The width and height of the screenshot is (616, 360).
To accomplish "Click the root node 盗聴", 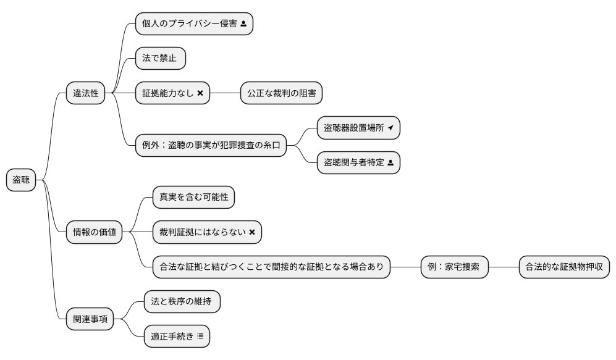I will (21, 180).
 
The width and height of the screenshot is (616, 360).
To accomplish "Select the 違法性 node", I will (86, 93).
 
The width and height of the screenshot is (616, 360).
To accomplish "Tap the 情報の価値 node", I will (94, 232).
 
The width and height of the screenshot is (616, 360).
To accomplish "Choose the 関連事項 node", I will (90, 319).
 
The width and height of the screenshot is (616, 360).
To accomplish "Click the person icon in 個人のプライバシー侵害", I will (243, 24).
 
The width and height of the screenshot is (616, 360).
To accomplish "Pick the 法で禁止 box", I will (160, 59).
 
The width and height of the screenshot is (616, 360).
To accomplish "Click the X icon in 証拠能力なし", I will (200, 93).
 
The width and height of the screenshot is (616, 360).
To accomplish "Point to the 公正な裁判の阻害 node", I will (281, 93).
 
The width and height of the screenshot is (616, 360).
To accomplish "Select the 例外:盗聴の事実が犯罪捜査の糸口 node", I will (211, 146).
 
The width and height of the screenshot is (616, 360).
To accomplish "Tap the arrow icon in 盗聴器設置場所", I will (390, 128).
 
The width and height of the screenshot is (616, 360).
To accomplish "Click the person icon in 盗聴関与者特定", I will (390, 162).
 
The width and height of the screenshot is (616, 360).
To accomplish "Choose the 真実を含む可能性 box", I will (193, 198).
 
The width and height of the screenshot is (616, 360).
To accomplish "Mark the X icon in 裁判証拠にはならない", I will (252, 232).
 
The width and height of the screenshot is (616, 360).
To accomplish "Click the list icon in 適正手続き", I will (200, 337).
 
